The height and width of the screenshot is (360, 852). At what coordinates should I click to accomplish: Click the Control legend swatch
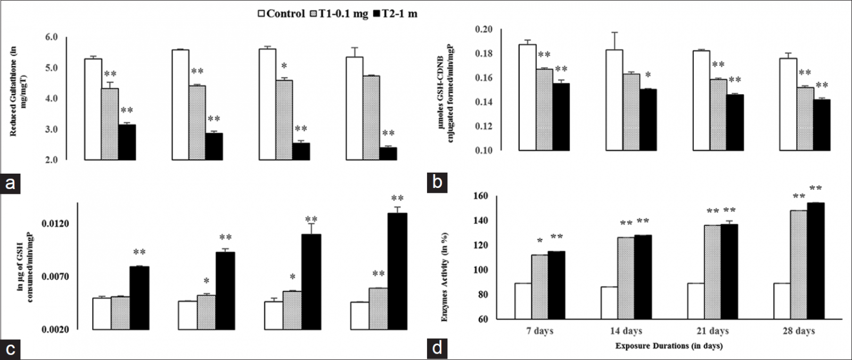tap(261, 14)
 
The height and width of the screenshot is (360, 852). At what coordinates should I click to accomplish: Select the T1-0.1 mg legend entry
tap(339, 14)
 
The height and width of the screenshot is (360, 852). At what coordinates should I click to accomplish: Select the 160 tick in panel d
tap(481, 196)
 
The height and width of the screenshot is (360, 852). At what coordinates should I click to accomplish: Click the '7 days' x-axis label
tap(540, 331)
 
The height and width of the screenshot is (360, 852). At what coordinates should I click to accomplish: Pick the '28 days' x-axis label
tap(799, 331)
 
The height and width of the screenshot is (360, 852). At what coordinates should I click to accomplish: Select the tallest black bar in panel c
tap(397, 271)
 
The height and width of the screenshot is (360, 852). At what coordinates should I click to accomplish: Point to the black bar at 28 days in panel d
tap(815, 261)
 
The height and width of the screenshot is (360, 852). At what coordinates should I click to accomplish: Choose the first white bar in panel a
tap(93, 109)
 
